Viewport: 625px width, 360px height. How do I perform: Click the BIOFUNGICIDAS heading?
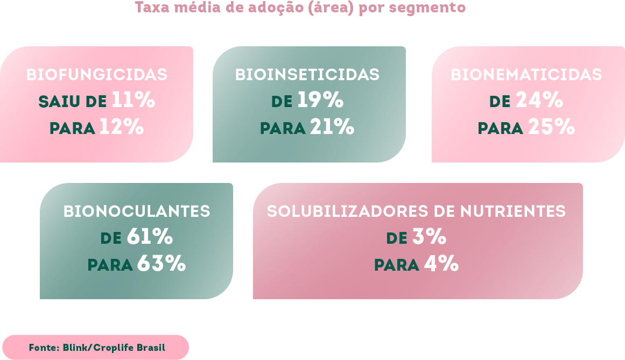tap(97, 74)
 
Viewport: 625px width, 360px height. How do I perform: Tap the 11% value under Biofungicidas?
tap(134, 101)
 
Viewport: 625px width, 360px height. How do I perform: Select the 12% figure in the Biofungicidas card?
tap(122, 128)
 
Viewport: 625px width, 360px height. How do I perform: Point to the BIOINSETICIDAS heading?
tap(307, 74)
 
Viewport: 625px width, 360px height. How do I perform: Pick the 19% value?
tap(320, 101)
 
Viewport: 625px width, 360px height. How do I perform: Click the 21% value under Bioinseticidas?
tap(332, 128)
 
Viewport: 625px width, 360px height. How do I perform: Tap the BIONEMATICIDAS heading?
tap(526, 74)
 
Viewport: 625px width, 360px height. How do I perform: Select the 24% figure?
tap(539, 101)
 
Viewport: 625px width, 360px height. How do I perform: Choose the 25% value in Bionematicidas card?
tap(551, 128)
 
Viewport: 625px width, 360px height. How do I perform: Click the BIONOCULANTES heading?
tap(137, 211)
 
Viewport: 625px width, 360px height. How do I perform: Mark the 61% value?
tap(150, 237)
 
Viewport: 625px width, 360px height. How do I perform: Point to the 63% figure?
tap(161, 264)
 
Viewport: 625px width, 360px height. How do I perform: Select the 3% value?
tap(429, 237)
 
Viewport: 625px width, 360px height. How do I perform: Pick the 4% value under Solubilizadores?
tap(441, 264)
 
